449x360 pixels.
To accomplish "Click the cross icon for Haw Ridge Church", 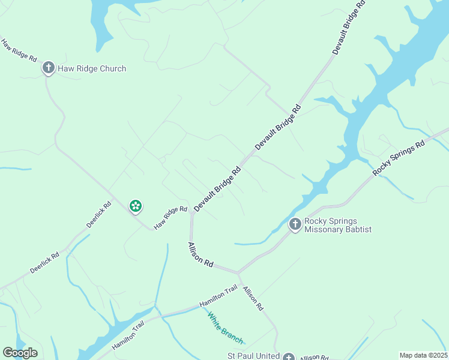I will pyautogui.click(x=49, y=68).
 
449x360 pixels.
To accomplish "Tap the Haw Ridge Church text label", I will pyautogui.click(x=92, y=68).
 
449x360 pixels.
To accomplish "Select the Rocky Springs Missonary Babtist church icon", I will pyautogui.click(x=295, y=224).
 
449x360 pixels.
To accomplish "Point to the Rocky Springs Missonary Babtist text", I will pyautogui.click(x=338, y=225).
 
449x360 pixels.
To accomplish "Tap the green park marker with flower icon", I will pyautogui.click(x=136, y=206).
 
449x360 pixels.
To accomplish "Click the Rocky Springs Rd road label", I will pyautogui.click(x=398, y=158).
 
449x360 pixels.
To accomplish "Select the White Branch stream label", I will pyautogui.click(x=225, y=328).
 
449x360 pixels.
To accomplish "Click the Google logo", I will pyautogui.click(x=20, y=353).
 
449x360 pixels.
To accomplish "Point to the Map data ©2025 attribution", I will pyautogui.click(x=423, y=355).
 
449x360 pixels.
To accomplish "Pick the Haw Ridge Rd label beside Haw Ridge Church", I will pyautogui.click(x=19, y=52).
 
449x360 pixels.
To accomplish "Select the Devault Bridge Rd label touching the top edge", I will pyautogui.click(x=348, y=27).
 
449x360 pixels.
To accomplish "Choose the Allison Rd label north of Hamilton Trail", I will pyautogui.click(x=200, y=255).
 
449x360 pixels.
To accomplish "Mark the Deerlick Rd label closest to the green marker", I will pyautogui.click(x=99, y=214).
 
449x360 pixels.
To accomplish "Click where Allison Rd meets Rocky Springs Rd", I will pyautogui.click(x=238, y=272).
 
